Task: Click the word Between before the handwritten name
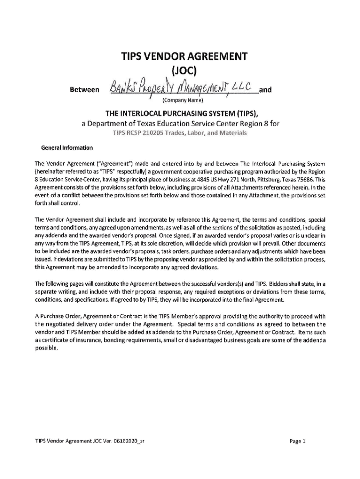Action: (x=83, y=89)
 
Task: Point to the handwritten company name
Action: (x=180, y=87)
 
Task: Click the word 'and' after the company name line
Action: (x=266, y=89)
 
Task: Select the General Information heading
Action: (x=67, y=148)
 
